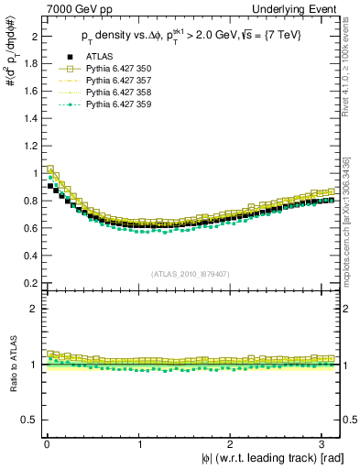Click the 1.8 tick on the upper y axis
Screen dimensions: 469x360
[x=28, y=65]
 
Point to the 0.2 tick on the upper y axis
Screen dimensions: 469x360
[x=28, y=282]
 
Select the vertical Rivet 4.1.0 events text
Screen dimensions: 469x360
[x=353, y=64]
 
